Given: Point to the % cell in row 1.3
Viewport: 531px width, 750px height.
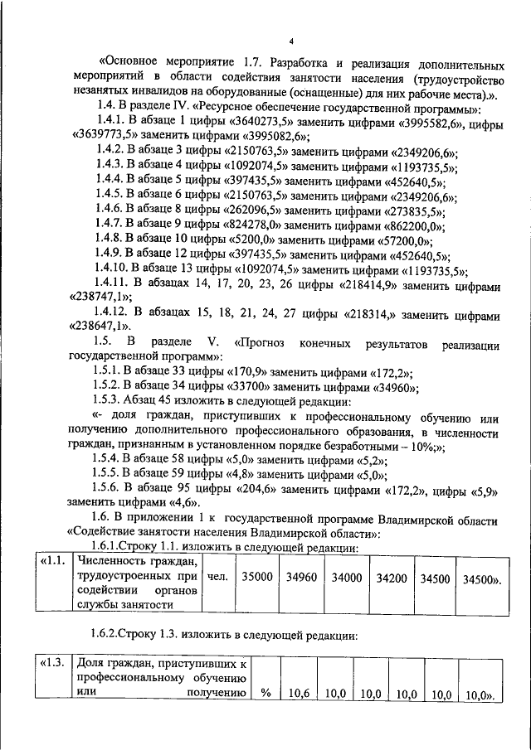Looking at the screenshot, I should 265,694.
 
